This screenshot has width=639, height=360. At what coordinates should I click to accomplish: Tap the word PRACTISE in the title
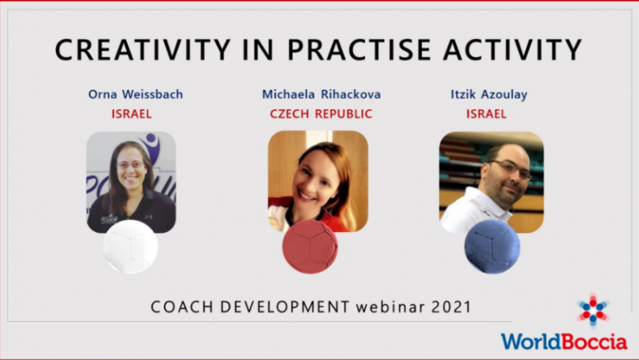point(359,50)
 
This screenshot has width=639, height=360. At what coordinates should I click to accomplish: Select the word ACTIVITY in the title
point(512,50)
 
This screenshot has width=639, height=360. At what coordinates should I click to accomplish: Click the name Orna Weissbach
point(136,94)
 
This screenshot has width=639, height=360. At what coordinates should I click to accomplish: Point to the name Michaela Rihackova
point(321,94)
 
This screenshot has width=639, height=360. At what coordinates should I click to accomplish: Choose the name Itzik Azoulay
point(489,94)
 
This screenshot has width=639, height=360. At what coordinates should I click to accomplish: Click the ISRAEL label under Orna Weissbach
point(132,113)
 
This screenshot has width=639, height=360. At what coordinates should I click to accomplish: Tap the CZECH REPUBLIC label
point(321,113)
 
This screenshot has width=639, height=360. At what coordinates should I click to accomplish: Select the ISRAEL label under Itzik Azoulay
point(487,113)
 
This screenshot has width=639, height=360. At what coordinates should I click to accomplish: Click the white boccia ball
point(130,247)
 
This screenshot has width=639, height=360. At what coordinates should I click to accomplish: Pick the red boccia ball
point(310,247)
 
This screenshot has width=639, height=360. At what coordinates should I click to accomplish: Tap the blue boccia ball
point(492,247)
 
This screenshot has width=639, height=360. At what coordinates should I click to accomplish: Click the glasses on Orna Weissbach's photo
point(130,165)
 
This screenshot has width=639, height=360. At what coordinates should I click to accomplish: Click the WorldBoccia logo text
point(564,342)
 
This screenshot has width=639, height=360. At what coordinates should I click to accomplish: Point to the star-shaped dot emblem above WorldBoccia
point(593,310)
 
